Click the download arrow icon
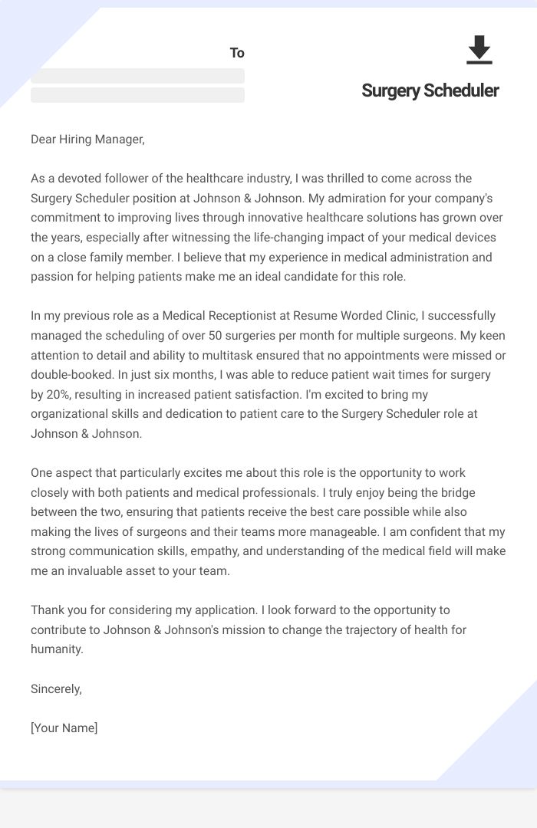pos(479,50)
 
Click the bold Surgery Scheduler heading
pos(430,90)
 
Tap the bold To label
pos(237,53)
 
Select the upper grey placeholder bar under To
pos(137,76)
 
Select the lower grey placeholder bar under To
pos(137,95)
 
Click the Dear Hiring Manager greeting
pos(87,139)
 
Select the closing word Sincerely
pos(56,688)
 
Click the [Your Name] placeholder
pos(64,728)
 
